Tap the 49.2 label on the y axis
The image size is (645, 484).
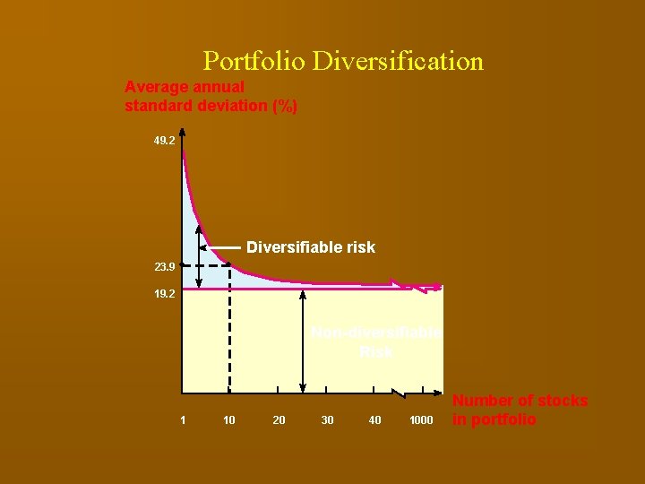click(164, 141)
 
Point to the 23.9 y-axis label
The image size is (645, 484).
click(164, 266)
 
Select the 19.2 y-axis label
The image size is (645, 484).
click(164, 293)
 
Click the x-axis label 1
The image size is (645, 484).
click(183, 420)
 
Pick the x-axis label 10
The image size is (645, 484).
click(229, 420)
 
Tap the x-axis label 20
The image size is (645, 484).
click(279, 420)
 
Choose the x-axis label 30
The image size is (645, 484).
click(327, 420)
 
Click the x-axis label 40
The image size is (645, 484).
click(374, 420)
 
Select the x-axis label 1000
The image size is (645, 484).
click(421, 420)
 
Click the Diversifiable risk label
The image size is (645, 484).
click(311, 246)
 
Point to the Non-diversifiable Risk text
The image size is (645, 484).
click(376, 342)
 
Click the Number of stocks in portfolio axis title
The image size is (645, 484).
click(520, 411)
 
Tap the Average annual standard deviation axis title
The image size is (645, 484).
click(211, 97)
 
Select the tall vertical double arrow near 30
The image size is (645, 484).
click(304, 341)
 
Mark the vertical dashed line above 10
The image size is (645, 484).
click(229, 332)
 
